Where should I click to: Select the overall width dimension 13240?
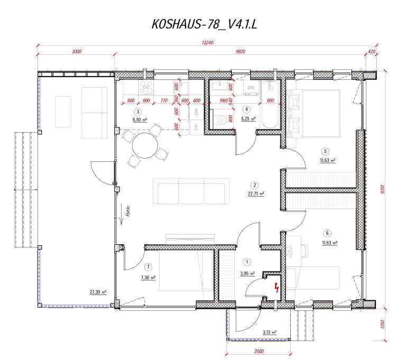click(x=207, y=43)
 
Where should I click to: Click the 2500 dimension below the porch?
click(x=259, y=352)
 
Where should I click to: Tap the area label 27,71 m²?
click(x=256, y=194)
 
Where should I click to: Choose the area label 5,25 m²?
click(x=248, y=119)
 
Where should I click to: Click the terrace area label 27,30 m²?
click(x=99, y=292)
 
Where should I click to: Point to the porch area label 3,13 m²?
click(x=270, y=333)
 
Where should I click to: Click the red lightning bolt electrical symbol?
click(x=276, y=288)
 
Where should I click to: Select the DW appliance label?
click(x=196, y=112)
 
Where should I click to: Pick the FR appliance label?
click(x=196, y=127)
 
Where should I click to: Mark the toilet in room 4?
click(x=222, y=120)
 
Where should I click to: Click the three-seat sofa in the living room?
click(x=191, y=191)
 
